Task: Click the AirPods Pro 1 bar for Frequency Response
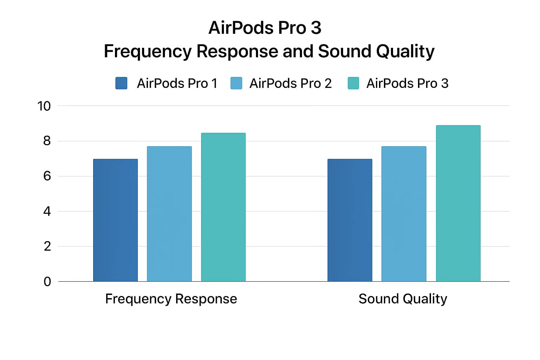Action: (x=115, y=220)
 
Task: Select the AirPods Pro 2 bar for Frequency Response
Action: (x=169, y=214)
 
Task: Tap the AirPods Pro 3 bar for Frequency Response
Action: (x=223, y=207)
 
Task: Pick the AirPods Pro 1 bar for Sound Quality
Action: (x=350, y=220)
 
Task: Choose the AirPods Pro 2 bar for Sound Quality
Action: (x=404, y=214)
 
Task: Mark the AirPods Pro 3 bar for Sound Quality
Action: (x=458, y=203)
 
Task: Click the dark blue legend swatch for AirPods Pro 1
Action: (x=121, y=83)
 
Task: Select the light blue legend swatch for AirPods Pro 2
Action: (x=236, y=83)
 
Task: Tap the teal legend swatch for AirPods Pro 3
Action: (x=353, y=83)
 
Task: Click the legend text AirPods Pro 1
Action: (x=177, y=83)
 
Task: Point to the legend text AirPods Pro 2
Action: (x=290, y=83)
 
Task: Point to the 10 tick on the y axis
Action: (x=44, y=106)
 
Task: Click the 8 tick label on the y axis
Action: (x=47, y=141)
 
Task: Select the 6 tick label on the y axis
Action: (x=47, y=176)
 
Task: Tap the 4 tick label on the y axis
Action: (x=47, y=211)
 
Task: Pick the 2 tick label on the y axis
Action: (x=47, y=246)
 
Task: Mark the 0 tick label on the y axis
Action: (x=47, y=281)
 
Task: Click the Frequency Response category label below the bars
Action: (x=171, y=299)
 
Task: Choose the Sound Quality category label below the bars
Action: (x=403, y=299)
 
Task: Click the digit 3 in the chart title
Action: (x=316, y=28)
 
